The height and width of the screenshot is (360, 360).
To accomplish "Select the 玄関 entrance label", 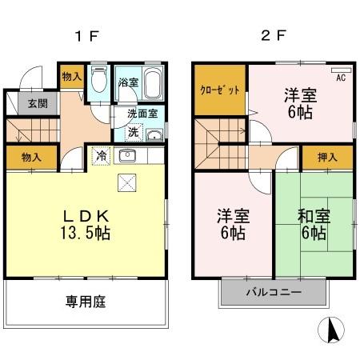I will (37, 103).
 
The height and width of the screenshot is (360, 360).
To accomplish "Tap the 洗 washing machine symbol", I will (135, 131).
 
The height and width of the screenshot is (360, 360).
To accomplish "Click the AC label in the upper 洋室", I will (341, 78).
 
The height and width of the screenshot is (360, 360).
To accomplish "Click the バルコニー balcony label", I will (274, 293).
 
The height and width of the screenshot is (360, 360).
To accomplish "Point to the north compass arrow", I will (334, 329).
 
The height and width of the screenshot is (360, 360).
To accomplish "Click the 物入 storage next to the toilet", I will (71, 76).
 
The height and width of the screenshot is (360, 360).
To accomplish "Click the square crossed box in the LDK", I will (127, 183).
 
